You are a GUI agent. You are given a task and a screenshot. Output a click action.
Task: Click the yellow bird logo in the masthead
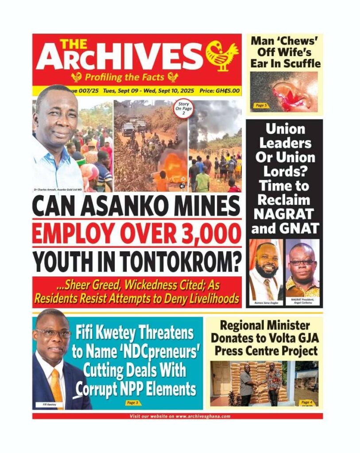point(222,56)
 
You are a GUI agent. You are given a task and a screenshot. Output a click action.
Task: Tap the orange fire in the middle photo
point(175,168)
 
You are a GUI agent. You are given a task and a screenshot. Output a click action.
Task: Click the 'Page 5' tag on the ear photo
point(261,105)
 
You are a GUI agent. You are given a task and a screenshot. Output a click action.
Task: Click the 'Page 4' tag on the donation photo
point(306,402)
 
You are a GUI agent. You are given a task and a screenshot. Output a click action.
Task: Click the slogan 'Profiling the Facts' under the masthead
point(124,77)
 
